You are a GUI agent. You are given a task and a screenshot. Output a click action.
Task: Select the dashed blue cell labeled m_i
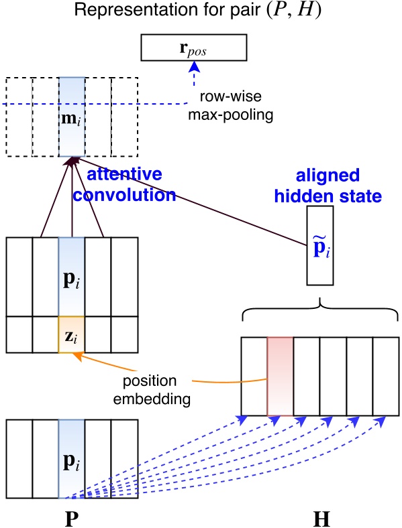coord(72,117)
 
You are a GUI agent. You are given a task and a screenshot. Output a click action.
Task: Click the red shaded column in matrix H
coord(280,376)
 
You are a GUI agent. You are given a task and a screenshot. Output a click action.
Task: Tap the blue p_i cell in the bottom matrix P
coord(72,459)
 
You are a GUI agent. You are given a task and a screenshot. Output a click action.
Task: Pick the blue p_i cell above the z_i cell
coord(72,276)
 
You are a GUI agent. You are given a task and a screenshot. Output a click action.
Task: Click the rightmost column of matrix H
coord(385,376)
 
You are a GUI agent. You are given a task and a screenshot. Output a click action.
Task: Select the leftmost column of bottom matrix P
coord(19,459)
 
